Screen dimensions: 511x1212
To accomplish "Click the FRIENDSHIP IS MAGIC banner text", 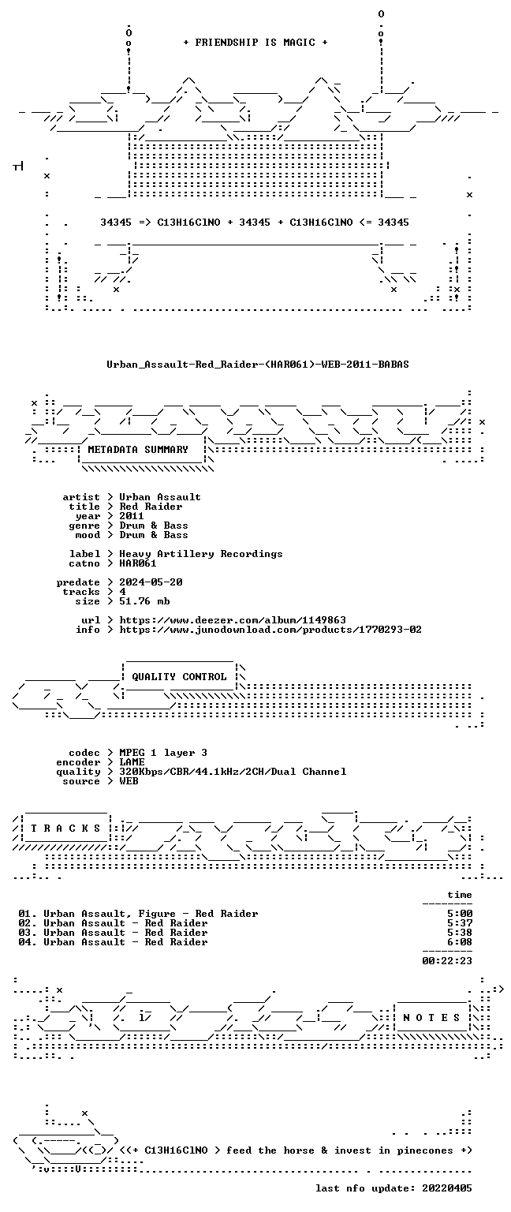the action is pos(255,42).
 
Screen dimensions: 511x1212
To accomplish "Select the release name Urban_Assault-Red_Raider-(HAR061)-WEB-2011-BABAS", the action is pos(257,364).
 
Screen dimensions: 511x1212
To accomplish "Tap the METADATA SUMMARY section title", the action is pos(138,449).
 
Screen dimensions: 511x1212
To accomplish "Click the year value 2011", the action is pos(132,515).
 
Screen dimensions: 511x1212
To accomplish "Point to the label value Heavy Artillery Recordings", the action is pos(200,553).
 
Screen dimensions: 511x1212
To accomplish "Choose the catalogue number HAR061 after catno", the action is pos(138,563).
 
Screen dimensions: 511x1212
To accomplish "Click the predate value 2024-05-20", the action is pos(151,582).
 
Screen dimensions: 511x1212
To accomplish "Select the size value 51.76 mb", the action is pos(144,601).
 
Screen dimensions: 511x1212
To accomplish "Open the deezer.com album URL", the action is pos(233,620).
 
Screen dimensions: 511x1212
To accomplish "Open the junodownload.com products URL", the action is pos(270,629).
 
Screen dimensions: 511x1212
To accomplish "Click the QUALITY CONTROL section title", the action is pos(179,676).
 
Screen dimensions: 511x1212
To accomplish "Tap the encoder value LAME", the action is pos(132,761).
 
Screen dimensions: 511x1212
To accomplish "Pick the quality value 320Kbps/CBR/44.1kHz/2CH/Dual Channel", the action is pos(233,772).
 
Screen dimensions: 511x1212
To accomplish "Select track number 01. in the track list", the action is pos(27,913).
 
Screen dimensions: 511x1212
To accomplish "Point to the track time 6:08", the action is pos(460,942).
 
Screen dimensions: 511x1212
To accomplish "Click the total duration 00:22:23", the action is pos(447,961).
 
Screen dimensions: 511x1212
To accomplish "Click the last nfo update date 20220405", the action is pos(447,1188).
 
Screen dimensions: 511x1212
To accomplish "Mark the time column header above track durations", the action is pos(460,895).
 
